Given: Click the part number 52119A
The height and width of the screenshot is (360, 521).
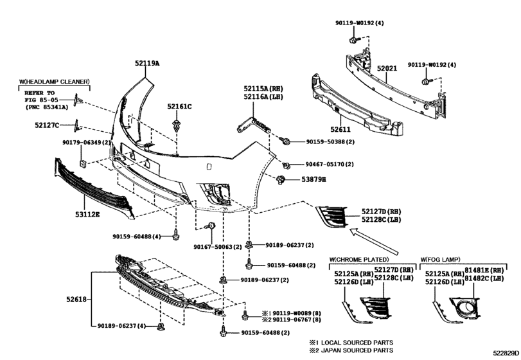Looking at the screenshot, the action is (147, 63).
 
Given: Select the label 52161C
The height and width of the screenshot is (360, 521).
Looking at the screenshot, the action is (179, 107).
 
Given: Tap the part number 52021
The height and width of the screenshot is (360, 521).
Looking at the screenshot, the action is (387, 69).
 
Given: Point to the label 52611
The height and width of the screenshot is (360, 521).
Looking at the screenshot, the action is (340, 129).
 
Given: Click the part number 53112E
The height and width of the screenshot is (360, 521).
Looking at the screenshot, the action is (87, 215).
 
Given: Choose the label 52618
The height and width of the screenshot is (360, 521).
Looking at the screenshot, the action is (76, 299).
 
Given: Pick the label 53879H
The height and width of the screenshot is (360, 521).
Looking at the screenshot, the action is (313, 179).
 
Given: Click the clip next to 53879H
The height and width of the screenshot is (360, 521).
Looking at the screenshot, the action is (281, 179).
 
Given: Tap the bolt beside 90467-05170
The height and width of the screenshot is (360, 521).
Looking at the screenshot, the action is (286, 165).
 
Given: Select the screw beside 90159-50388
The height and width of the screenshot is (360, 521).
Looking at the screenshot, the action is (285, 141).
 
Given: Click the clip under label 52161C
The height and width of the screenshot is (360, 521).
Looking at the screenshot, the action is (177, 125).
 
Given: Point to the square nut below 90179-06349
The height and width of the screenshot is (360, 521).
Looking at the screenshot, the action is (82, 163).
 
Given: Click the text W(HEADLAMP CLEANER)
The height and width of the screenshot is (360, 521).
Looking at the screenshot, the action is (54, 82).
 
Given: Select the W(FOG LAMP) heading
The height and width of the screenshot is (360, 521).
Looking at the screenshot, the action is (441, 259).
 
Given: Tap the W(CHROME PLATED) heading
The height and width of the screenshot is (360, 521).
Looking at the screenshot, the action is (359, 259).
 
